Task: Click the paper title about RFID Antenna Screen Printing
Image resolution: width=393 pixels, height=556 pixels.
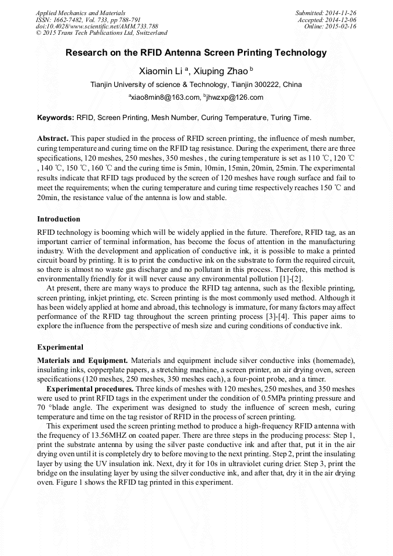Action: click(196, 53)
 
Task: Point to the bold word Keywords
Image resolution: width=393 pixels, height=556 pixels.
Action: click(56, 118)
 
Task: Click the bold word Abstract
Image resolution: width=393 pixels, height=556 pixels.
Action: click(53, 139)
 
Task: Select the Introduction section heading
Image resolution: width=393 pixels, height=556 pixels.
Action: click(59, 219)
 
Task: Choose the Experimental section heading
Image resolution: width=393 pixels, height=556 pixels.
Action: click(60, 347)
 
